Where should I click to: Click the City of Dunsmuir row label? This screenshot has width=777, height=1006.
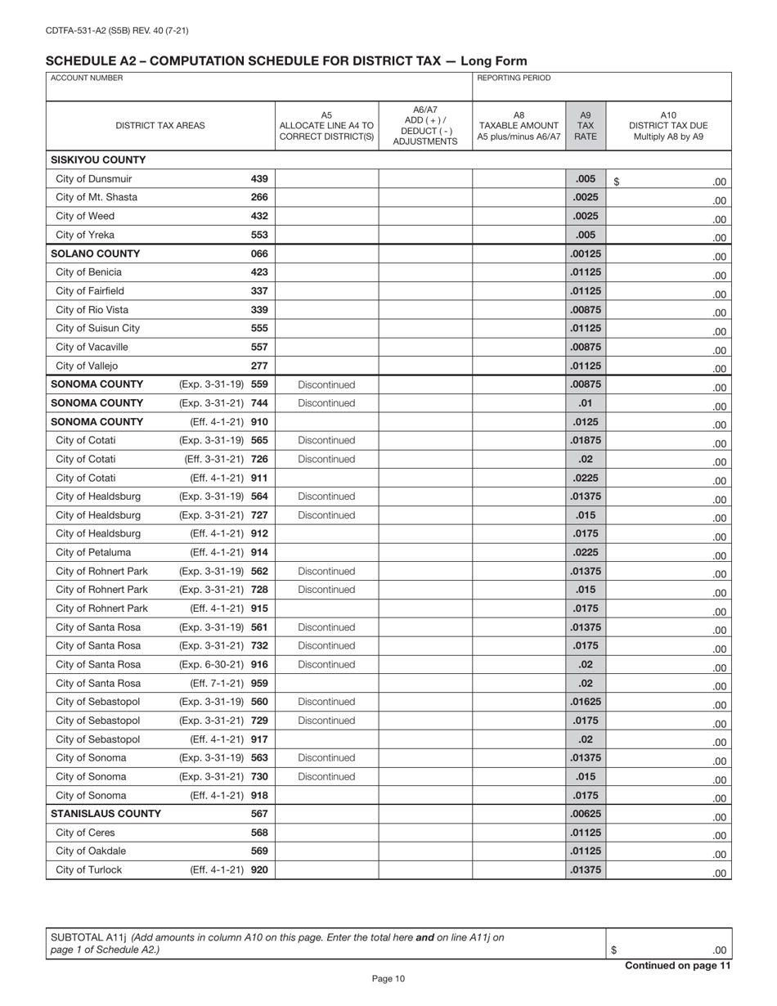pyautogui.click(x=93, y=179)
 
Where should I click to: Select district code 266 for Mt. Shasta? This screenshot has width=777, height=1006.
pyautogui.click(x=259, y=198)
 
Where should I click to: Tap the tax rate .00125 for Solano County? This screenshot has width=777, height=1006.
pyautogui.click(x=585, y=254)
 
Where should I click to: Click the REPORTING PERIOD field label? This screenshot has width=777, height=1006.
pyautogui.click(x=514, y=79)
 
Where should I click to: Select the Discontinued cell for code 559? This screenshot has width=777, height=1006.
pyautogui.click(x=326, y=384)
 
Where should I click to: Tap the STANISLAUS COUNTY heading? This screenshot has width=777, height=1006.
pyautogui.click(x=106, y=814)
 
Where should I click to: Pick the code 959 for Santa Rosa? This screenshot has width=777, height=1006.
pyautogui.click(x=259, y=683)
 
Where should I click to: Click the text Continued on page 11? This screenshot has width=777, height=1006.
pyautogui.click(x=677, y=966)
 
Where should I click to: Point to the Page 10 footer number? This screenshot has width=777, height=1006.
pyautogui.click(x=388, y=979)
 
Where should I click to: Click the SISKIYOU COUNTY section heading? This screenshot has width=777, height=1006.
pyautogui.click(x=98, y=160)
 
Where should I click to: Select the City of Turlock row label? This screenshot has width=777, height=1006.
pyautogui.click(x=88, y=870)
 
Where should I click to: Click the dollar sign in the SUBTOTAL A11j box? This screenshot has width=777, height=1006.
pyautogui.click(x=613, y=950)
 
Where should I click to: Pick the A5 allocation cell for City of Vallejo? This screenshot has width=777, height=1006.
pyautogui.click(x=326, y=366)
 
